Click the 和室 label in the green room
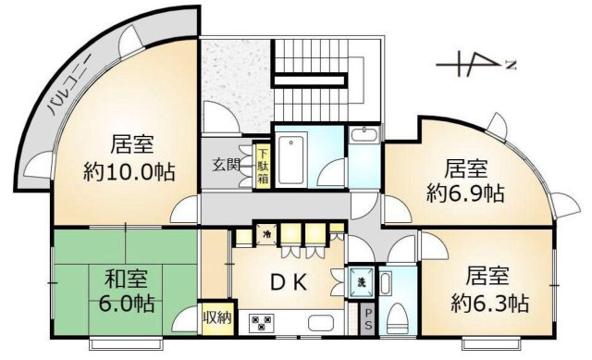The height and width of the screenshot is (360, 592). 122,278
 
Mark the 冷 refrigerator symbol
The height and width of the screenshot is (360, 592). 267,235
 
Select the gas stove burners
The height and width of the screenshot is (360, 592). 261,324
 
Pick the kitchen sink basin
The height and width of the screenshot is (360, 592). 321,324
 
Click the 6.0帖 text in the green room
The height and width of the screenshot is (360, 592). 128,303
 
